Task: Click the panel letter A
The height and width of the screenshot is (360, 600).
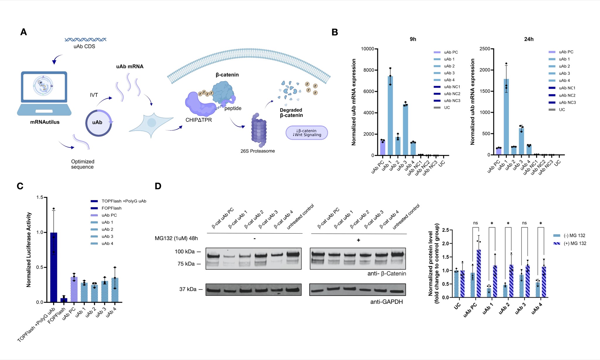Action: click(23, 32)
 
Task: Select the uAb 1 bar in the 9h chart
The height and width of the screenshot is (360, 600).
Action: click(390, 115)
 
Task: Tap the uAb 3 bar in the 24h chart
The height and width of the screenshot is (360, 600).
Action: click(521, 141)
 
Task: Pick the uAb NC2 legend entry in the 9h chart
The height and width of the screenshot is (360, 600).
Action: click(447, 94)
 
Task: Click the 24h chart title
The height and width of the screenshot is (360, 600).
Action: click(529, 39)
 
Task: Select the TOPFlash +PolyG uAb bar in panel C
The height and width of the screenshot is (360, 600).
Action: click(54, 267)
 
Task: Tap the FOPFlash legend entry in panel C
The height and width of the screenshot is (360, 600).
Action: click(106, 208)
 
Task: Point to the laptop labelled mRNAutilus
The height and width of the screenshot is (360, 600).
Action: click(44, 93)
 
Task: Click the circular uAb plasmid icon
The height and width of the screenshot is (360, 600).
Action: click(98, 123)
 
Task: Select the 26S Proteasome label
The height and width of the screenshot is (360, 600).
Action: click(258, 151)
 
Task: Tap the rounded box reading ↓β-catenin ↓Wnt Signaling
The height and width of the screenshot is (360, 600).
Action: click(307, 133)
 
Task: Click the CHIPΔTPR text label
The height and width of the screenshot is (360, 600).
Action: click(199, 120)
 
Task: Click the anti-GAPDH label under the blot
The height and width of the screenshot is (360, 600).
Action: click(386, 302)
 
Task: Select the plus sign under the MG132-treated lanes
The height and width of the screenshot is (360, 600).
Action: click(358, 240)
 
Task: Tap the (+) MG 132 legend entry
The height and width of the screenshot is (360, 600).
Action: click(570, 243)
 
